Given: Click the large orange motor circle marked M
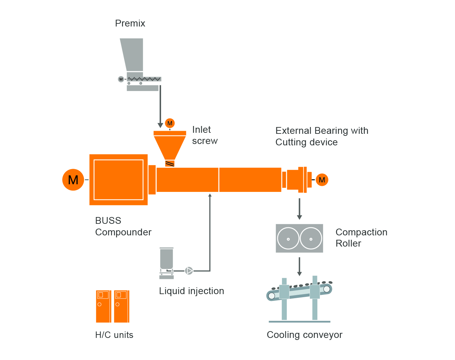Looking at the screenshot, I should click(x=73, y=180).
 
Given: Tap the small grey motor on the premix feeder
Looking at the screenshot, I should click(x=121, y=79).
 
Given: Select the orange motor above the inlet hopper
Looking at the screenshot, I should click(x=170, y=123).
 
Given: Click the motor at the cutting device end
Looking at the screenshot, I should click(x=322, y=180).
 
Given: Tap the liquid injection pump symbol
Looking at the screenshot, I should click(x=189, y=271).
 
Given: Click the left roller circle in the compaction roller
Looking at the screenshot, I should click(x=288, y=238).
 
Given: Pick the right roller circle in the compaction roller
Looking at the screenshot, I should click(x=311, y=238).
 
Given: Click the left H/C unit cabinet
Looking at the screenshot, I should click(x=103, y=306).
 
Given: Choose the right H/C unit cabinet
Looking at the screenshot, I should click(x=121, y=306).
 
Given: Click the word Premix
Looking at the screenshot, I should click(x=130, y=23).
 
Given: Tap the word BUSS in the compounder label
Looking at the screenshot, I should click(x=108, y=221).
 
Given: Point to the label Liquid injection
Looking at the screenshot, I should click(x=191, y=291).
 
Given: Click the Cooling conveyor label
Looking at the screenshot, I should click(x=304, y=335).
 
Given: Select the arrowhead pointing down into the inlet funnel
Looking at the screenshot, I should click(x=160, y=125).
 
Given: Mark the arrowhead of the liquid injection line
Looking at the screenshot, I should click(x=210, y=195).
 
